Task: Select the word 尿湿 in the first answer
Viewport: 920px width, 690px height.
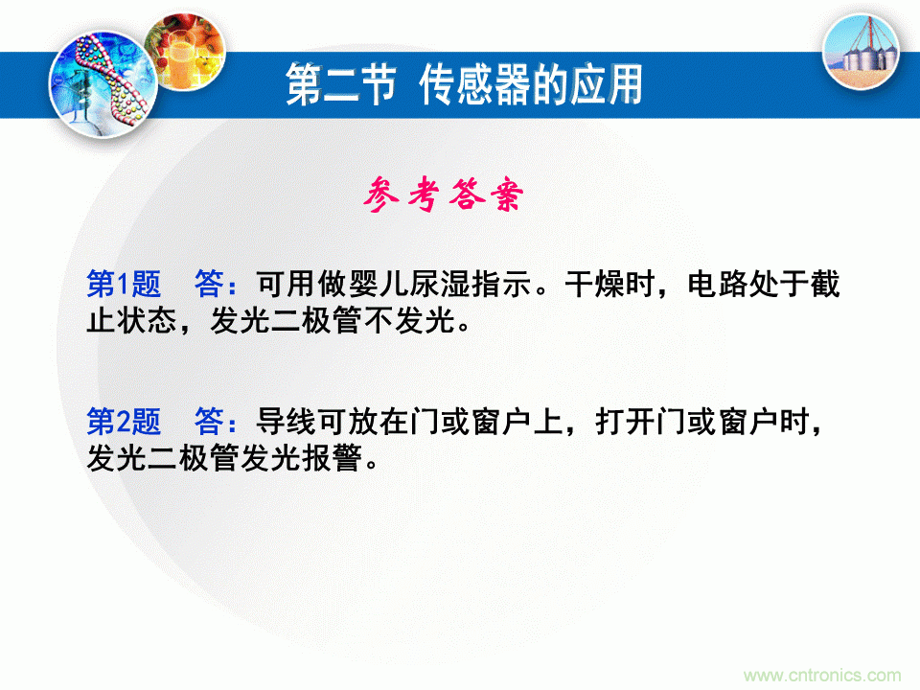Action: coord(436,286)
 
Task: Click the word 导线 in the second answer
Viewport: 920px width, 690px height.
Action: coord(280,420)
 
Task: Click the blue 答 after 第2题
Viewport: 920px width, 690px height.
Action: coord(209,420)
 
